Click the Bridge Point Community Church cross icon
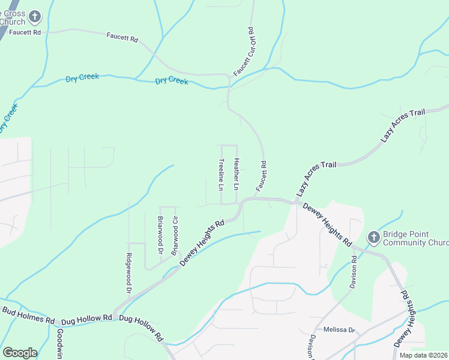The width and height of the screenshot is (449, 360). tap(373, 238)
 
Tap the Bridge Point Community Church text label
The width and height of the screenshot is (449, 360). tap(415, 238)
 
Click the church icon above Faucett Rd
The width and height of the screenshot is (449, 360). tap(35, 16)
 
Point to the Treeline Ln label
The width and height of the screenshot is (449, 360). tap(221, 175)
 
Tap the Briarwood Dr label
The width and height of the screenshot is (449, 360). tap(160, 235)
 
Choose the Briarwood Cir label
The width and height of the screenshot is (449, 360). tap(175, 236)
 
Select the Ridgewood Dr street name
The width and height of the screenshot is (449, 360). tap(128, 272)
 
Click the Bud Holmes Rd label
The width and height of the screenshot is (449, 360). tap(28, 314)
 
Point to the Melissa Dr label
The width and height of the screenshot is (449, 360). tap(340, 330)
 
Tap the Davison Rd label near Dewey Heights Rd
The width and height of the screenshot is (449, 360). tap(354, 271)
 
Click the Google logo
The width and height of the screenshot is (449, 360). tap(20, 353)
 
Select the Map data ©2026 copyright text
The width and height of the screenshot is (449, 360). tap(423, 355)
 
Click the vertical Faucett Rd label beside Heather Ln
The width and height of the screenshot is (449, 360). tap(261, 176)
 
